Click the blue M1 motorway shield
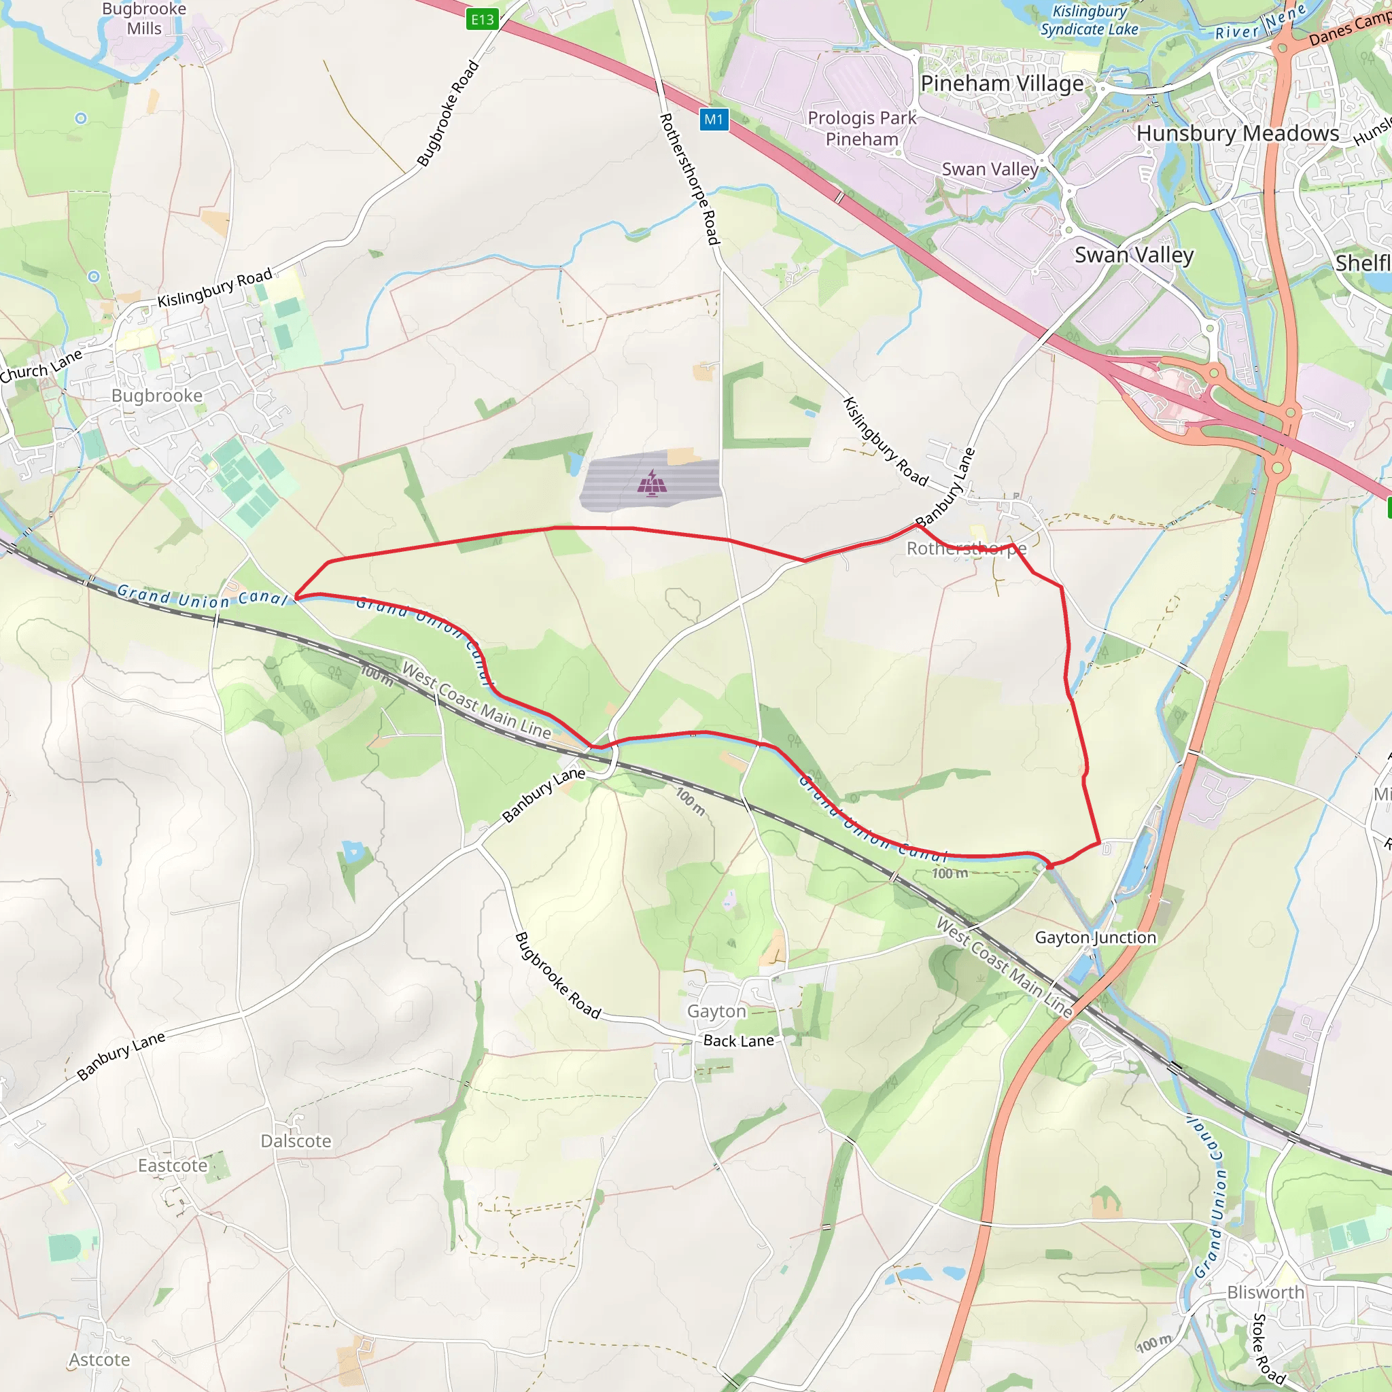[713, 120]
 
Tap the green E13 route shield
[482, 20]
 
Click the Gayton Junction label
[1095, 937]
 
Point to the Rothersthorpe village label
[965, 549]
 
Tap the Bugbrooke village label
[157, 396]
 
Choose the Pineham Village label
[1001, 84]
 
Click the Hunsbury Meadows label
[1237, 133]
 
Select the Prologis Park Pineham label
[862, 128]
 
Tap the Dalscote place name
[296, 1141]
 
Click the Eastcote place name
[172, 1166]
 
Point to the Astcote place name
[99, 1359]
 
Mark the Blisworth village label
[1265, 1293]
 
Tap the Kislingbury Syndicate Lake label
[1089, 20]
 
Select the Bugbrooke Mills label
[144, 19]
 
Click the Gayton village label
[716, 1011]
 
